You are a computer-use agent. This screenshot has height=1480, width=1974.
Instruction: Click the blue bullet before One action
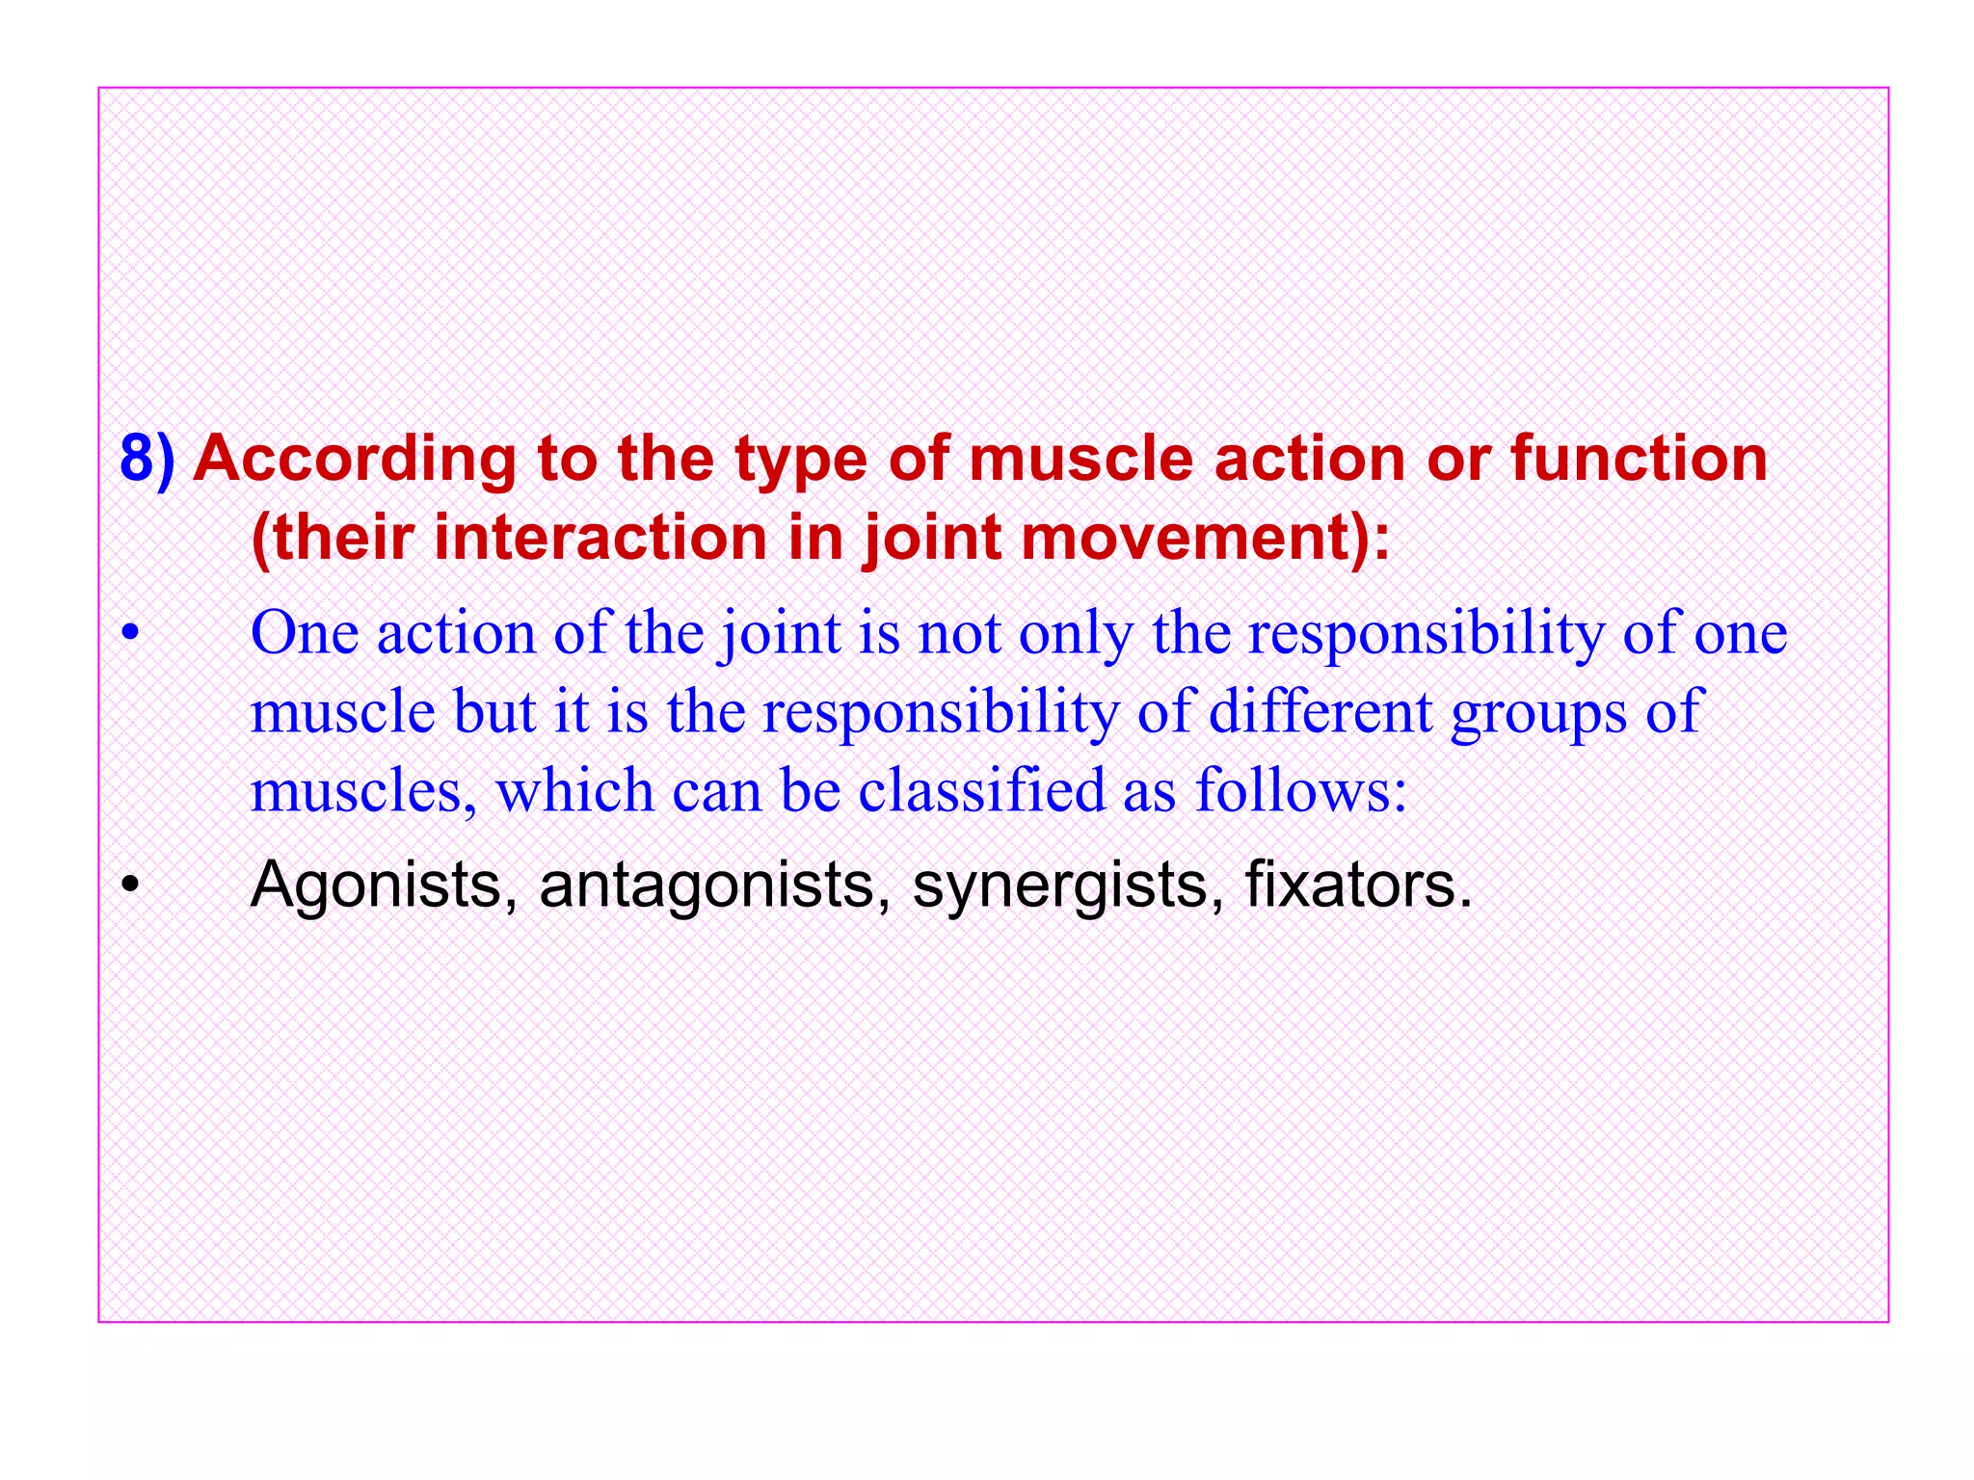coord(130,634)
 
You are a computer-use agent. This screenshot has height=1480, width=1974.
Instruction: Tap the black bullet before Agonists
coord(130,885)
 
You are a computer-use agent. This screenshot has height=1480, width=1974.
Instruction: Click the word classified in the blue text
coord(981,791)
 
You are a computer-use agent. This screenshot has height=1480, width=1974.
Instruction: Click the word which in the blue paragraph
coord(574,791)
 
